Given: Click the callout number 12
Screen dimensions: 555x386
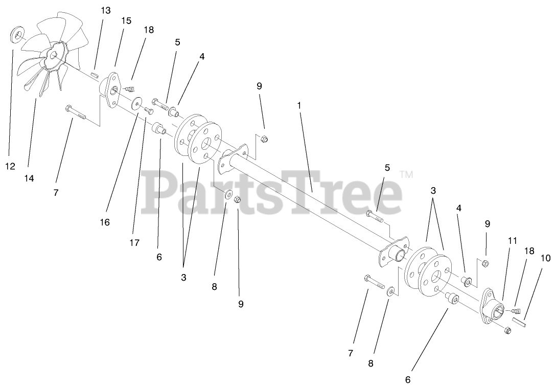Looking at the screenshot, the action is pos(10,166).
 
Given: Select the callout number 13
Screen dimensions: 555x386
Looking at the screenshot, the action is pos(105,10).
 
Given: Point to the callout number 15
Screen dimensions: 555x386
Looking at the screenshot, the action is pos(126,20).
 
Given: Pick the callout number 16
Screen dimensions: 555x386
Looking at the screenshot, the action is pos(105,222).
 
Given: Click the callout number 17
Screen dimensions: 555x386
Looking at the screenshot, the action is pos(134,243).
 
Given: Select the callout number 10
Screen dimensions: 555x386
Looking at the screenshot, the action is pos(545,258).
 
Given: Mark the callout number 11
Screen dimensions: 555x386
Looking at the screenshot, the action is pos(512,240).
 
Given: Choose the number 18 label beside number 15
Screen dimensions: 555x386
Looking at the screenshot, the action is pos(148,30).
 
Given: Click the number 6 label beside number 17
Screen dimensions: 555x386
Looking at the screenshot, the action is pos(159,257).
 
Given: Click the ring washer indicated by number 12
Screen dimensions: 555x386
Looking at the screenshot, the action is pos(18,35).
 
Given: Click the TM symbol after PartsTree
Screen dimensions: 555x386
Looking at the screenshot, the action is pos(407,174).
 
